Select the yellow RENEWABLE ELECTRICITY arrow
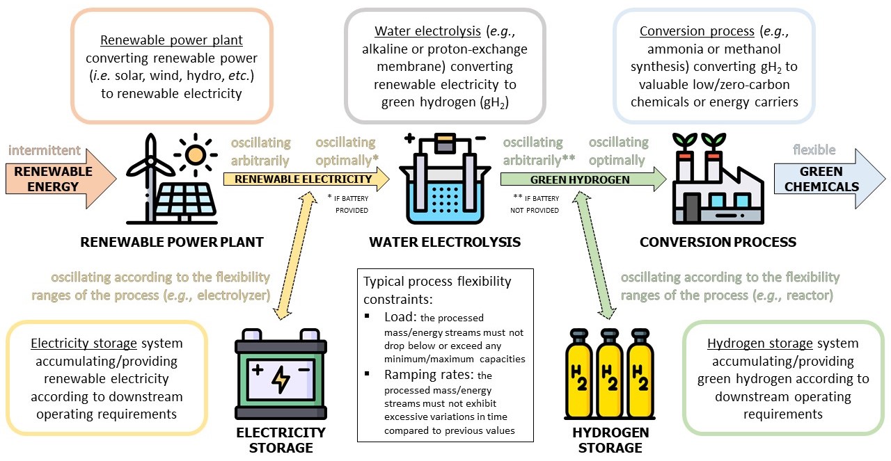tap(303, 179)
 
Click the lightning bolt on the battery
tap(281, 378)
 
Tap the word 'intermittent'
tap(45, 150)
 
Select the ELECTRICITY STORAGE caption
tap(281, 440)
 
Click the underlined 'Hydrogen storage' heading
tap(752, 343)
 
